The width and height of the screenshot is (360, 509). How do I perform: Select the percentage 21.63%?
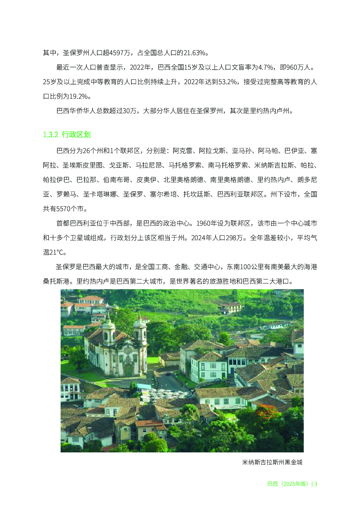tap(195, 53)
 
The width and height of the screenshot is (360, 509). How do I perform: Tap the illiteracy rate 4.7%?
tap(266, 67)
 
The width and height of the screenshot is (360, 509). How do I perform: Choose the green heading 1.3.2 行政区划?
tap(67, 135)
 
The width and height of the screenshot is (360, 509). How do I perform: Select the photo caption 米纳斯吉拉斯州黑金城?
tap(272, 462)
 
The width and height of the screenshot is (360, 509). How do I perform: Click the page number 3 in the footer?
tap(316, 484)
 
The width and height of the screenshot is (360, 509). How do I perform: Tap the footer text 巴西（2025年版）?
tap(288, 484)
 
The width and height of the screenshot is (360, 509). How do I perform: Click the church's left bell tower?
tap(109, 330)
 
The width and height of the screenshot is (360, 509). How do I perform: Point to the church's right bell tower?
tap(140, 328)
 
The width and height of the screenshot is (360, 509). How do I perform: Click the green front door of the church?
tap(128, 370)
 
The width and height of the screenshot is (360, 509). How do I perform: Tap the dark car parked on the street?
tap(168, 373)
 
